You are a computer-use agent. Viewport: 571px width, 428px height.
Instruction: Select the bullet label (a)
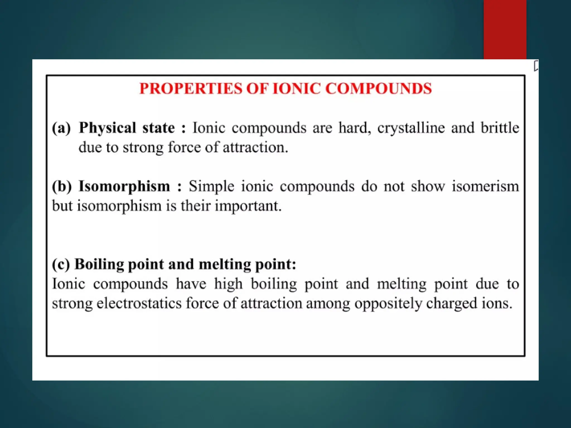tap(61, 128)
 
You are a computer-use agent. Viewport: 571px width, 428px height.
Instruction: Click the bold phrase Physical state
tap(127, 128)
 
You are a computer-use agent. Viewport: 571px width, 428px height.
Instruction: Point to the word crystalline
tap(411, 128)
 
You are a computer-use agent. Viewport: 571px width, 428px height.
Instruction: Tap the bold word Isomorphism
tap(124, 186)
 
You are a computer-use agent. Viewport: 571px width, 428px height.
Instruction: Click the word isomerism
tap(485, 186)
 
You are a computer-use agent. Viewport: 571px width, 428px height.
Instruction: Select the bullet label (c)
tap(61, 264)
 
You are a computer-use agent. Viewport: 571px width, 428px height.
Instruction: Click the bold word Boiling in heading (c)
tap(99, 264)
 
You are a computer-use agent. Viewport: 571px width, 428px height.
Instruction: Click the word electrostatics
tap(139, 303)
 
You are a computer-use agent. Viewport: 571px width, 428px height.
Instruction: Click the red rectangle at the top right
tap(505, 29)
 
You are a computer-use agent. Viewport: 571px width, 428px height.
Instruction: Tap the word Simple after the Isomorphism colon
tap(211, 186)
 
